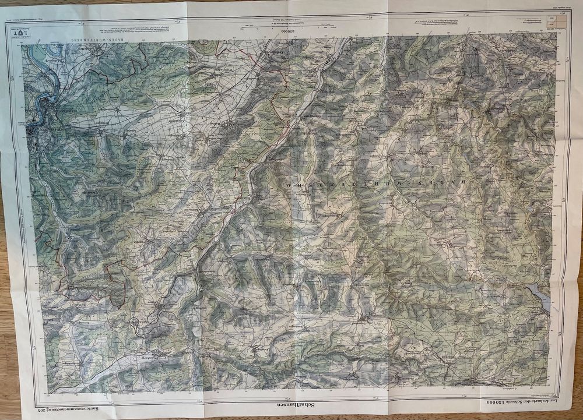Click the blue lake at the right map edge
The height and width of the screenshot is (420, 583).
(542, 297)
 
